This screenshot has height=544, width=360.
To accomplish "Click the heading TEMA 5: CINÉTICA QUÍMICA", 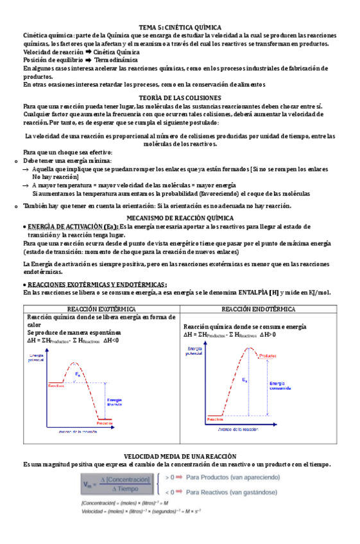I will coord(180,28).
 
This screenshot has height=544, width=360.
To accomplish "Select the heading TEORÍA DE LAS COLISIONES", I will coord(180,98).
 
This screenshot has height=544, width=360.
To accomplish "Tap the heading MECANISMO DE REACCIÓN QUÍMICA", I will coord(180,218).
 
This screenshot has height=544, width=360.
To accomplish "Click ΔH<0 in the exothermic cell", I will coord(112,341).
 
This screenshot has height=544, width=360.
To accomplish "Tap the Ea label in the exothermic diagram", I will coord(78,373).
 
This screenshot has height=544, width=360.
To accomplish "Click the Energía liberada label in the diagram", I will coord(115,400).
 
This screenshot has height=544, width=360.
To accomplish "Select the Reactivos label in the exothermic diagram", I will coord(56,387).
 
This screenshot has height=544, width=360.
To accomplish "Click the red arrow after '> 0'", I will coord(180,477).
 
